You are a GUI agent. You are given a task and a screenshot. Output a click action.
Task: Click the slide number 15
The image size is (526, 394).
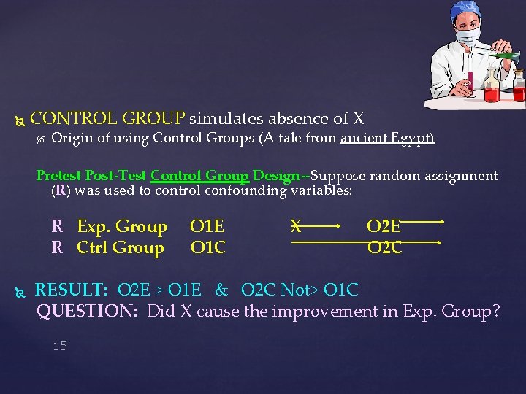click(x=60, y=346)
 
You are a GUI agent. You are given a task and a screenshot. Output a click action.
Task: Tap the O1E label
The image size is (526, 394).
click(x=207, y=227)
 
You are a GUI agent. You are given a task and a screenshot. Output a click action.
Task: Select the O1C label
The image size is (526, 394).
click(x=208, y=248)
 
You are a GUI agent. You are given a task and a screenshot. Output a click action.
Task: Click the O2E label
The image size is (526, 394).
click(x=384, y=227)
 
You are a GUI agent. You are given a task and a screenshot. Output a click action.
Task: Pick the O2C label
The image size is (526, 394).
click(x=384, y=248)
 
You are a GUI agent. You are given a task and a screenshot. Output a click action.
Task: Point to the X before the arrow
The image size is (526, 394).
click(x=296, y=226)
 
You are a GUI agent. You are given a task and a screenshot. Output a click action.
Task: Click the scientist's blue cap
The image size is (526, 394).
click(x=467, y=9)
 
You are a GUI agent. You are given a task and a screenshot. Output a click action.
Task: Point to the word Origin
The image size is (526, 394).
click(x=72, y=138)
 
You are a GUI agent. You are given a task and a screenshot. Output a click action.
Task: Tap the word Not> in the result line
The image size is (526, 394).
click(x=301, y=290)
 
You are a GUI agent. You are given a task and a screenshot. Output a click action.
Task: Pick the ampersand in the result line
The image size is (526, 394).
click(x=221, y=290)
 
